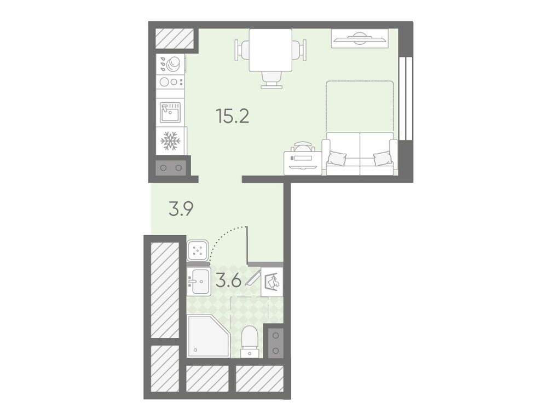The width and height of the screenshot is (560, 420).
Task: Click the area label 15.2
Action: tap(233, 116)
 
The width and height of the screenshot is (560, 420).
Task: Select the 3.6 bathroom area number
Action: tap(229, 281)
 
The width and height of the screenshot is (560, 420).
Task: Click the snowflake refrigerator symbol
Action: tap(170, 141)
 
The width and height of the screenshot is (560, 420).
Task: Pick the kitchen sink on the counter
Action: tap(170, 113)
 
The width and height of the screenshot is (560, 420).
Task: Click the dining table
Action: tap(270, 50)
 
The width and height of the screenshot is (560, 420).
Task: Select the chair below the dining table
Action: tap(271, 80)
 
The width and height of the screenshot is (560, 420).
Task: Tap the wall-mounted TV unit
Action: tap(359, 38)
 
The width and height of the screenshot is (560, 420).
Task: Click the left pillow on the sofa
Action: tap(337, 158)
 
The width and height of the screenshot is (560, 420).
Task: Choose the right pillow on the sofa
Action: tap(382, 158)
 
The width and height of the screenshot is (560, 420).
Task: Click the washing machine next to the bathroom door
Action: tap(198, 249)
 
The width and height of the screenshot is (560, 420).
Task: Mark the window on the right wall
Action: tap(406, 98)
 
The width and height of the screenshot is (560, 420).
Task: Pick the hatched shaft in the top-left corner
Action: tap(175, 38)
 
